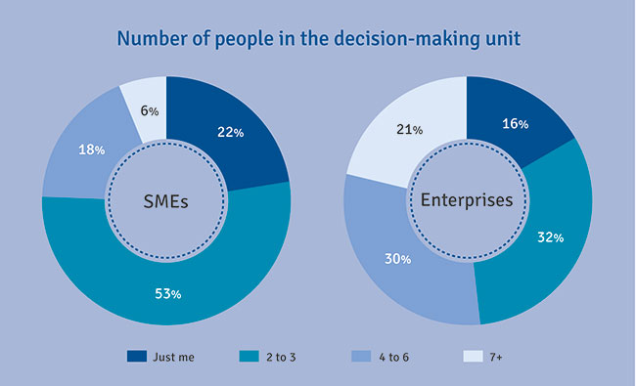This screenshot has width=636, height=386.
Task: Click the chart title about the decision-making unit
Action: coord(318,39)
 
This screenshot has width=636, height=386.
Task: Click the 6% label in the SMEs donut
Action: coord(147,110)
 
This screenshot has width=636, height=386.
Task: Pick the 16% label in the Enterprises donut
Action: coord(516,124)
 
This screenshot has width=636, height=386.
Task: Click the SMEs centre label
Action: coord(165,201)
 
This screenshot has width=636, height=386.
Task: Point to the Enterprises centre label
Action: coord(467,201)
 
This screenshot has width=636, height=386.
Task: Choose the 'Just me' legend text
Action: coord(175,357)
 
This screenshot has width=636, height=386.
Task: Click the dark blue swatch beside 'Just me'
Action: coord(137,357)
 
